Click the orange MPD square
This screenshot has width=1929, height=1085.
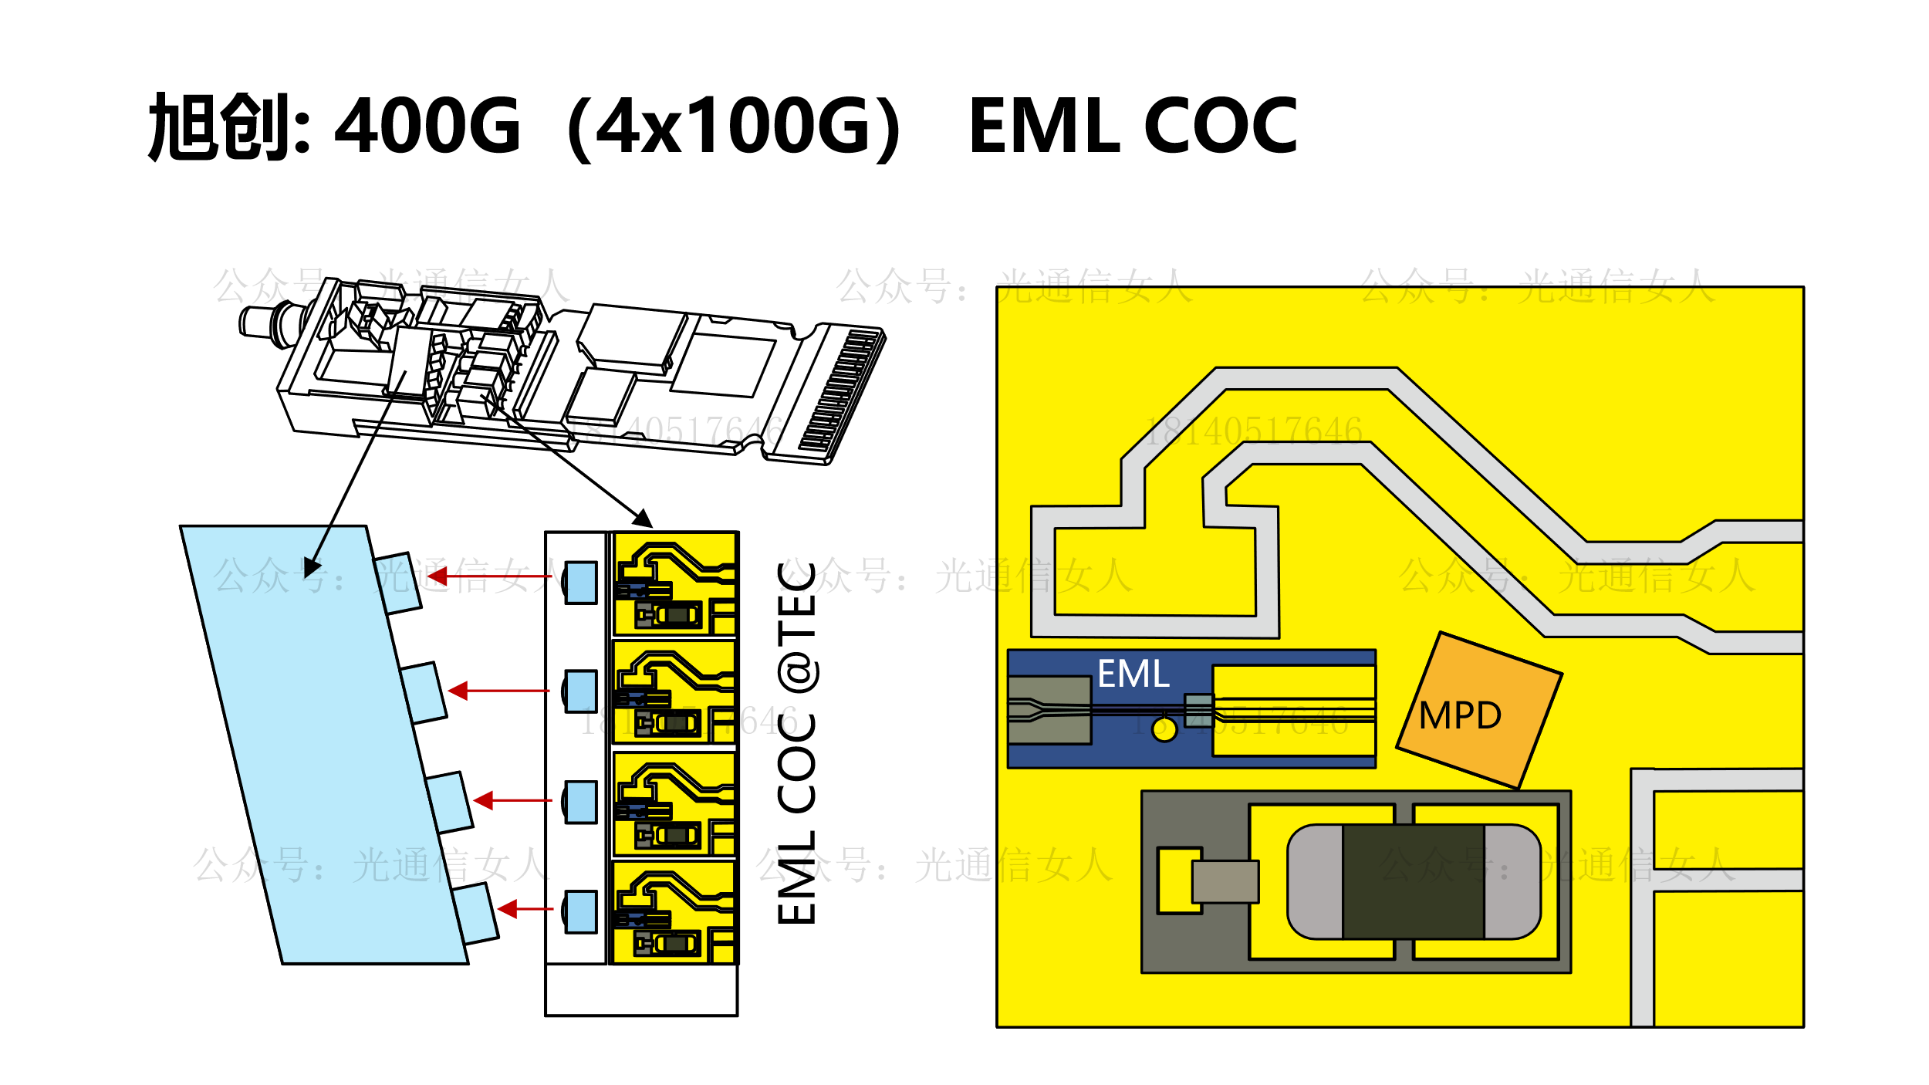coord(1478,711)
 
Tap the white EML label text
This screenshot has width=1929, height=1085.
coord(1133,674)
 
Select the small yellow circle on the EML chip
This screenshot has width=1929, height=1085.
coord(1164,729)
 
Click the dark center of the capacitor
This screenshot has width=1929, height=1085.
coord(1413,882)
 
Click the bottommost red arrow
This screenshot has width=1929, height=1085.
coord(525,909)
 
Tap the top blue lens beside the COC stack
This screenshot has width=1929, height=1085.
coord(581,583)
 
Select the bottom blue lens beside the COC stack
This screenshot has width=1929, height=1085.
coord(581,911)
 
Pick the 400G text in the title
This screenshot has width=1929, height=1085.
coord(427,126)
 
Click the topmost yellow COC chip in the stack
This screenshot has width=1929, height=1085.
coord(674,584)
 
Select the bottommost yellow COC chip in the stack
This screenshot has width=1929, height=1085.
coord(674,913)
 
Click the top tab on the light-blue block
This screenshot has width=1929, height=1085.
coord(397,583)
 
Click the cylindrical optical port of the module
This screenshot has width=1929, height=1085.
coord(262,319)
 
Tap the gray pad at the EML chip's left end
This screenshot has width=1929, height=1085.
coord(1049,710)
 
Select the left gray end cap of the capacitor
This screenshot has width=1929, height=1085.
coord(1316,882)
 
